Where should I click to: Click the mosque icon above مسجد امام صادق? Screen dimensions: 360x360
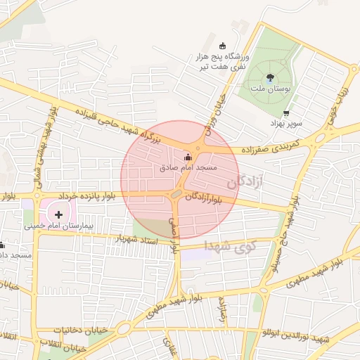[x=187, y=158]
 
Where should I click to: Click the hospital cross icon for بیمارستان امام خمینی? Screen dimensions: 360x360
[x=58, y=214]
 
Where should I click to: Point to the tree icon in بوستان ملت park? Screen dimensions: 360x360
[x=270, y=78]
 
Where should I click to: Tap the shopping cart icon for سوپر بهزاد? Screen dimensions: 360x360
[x=285, y=113]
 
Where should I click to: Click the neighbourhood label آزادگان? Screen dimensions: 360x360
[x=245, y=183]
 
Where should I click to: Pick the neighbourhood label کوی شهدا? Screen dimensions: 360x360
[x=230, y=246]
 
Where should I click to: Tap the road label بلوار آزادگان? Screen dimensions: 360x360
[x=208, y=200]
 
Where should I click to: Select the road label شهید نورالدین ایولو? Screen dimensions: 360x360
[x=295, y=340]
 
